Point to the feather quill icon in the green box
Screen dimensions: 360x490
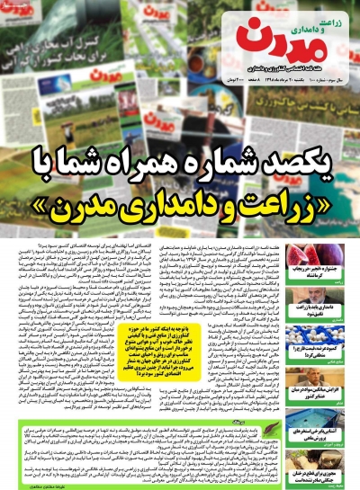pyautogui.click(x=326, y=422)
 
